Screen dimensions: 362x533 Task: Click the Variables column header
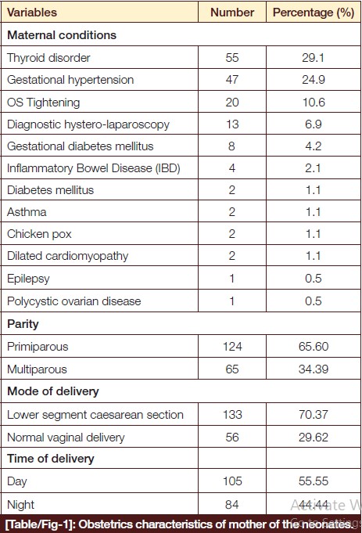coord(32,13)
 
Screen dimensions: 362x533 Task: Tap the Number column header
coord(232,13)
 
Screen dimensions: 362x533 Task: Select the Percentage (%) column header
coord(314,13)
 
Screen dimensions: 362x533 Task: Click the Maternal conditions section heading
coord(62,35)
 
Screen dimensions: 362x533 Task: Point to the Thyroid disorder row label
coord(48,58)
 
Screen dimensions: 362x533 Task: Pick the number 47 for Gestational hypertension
coord(232,80)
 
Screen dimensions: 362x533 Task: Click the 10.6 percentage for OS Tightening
coord(314,103)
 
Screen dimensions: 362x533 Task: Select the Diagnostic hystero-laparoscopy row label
coord(88,124)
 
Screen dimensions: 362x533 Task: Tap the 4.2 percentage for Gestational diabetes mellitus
coord(313,146)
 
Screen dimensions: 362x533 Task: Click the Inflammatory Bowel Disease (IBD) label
coord(93,168)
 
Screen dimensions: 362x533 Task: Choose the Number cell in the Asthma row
coord(232,212)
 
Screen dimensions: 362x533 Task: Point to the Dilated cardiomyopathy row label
coord(67,256)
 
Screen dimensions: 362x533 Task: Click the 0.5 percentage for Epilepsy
coord(313,279)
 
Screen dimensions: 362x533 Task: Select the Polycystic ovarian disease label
coord(73,301)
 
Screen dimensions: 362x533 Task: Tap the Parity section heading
coord(23,324)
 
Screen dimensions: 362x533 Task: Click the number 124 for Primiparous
coord(232,347)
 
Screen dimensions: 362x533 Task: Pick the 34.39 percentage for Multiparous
coord(314,369)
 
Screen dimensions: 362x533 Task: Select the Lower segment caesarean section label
coord(95,415)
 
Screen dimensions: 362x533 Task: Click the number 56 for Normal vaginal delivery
coord(232,438)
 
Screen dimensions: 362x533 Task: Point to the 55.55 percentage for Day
coord(314,481)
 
